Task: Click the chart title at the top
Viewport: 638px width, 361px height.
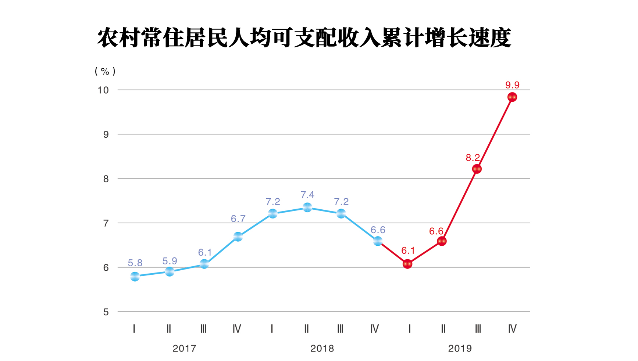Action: [304, 38]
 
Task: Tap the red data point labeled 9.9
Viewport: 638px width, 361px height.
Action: [512, 97]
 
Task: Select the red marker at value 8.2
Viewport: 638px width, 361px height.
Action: [477, 169]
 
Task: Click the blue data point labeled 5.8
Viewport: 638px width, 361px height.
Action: [135, 277]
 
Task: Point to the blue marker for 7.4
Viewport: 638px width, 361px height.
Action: [307, 207]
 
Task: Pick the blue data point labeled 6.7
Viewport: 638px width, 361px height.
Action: [238, 237]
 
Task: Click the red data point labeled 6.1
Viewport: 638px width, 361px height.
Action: [407, 264]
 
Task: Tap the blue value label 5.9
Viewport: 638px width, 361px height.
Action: [170, 261]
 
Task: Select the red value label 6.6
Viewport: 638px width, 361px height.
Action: [436, 231]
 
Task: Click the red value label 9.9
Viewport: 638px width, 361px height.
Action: [512, 85]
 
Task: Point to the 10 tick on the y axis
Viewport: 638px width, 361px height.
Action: [103, 90]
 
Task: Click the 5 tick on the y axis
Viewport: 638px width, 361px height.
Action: [106, 312]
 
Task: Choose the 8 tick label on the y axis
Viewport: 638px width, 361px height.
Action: [106, 179]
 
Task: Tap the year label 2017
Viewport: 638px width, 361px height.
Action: [184, 349]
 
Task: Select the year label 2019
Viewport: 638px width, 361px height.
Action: [460, 349]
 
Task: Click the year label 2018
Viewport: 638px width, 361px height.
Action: [322, 349]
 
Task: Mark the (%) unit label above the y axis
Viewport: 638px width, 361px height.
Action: [105, 71]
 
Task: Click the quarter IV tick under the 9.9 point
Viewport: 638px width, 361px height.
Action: [512, 329]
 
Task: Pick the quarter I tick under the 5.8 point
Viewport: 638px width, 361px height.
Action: [134, 329]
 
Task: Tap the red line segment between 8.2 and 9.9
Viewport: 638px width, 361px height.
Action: [495, 133]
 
